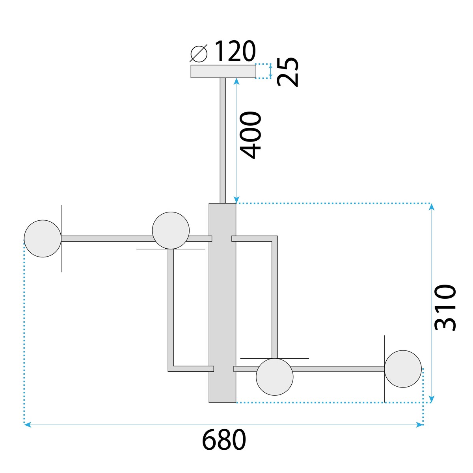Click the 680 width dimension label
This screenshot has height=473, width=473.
[224, 440]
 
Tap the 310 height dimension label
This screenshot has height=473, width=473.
[445, 307]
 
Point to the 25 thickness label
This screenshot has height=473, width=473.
[288, 72]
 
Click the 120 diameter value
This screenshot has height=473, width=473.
[235, 51]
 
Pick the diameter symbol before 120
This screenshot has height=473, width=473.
[199, 53]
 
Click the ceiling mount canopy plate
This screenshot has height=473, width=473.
[223, 71]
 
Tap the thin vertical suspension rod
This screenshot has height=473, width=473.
[223, 140]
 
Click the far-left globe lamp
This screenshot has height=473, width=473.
[43, 238]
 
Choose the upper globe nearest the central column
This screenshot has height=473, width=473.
[171, 230]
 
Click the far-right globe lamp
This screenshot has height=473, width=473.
[403, 369]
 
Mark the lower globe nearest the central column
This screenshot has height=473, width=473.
[274, 377]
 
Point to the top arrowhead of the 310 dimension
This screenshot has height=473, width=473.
[432, 207]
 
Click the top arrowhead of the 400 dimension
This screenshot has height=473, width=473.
[236, 81]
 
